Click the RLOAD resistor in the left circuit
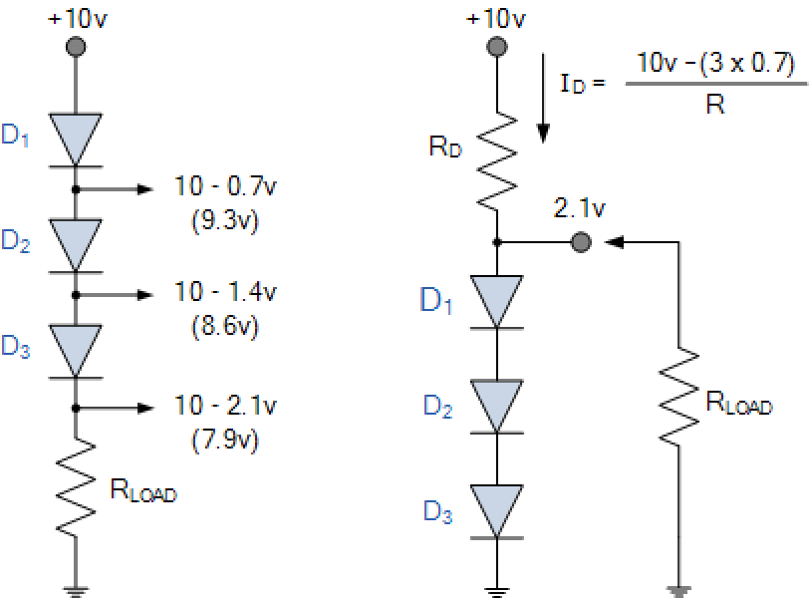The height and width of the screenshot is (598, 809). (x=75, y=488)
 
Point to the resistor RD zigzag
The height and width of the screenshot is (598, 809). (x=497, y=159)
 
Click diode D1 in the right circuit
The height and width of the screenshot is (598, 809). (x=497, y=300)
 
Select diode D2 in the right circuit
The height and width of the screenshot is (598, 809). (x=497, y=404)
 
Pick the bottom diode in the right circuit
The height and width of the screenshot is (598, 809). (x=497, y=510)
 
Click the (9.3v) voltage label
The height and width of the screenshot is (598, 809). (x=224, y=220)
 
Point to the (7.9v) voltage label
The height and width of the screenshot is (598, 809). (x=224, y=438)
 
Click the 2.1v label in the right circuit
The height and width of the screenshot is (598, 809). (x=580, y=208)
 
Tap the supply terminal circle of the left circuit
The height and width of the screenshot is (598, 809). (x=75, y=46)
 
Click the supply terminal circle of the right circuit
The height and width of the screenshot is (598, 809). (x=497, y=46)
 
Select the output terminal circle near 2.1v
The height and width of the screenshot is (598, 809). (x=580, y=241)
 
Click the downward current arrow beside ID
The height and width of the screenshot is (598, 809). (x=544, y=100)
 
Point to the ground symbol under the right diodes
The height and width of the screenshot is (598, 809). (x=497, y=592)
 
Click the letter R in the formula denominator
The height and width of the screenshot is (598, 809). (x=714, y=105)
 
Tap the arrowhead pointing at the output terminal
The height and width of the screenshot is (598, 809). (x=616, y=241)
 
